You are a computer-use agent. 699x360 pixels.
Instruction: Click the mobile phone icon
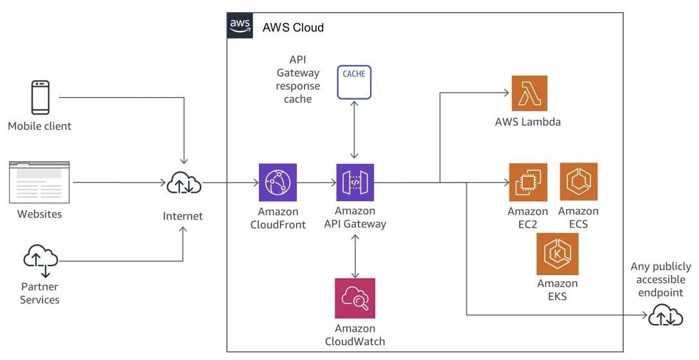[x=40, y=98]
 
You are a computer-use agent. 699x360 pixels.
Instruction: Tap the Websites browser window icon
[x=39, y=183]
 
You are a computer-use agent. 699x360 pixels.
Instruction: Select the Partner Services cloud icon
[x=40, y=260]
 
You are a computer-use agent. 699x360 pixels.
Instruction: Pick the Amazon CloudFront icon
[x=278, y=183]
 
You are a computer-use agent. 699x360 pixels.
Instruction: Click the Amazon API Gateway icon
[x=355, y=183]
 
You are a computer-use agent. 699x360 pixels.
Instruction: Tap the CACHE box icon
[x=354, y=82]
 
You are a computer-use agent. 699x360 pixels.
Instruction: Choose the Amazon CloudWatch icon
[x=355, y=298]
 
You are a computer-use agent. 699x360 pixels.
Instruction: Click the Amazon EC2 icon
[x=528, y=182]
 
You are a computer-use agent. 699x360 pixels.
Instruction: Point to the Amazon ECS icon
[x=578, y=182]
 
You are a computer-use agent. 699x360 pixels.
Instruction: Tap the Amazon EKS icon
[x=557, y=254]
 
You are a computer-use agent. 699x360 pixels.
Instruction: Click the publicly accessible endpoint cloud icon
[x=666, y=316]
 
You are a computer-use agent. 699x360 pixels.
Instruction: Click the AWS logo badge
[x=240, y=26]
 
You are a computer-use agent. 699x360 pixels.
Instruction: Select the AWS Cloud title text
[x=293, y=28]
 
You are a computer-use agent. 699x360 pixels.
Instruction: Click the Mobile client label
[x=40, y=126]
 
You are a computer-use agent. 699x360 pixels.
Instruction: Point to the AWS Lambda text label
[x=528, y=122]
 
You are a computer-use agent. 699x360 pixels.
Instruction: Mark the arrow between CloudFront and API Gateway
[x=317, y=183]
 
